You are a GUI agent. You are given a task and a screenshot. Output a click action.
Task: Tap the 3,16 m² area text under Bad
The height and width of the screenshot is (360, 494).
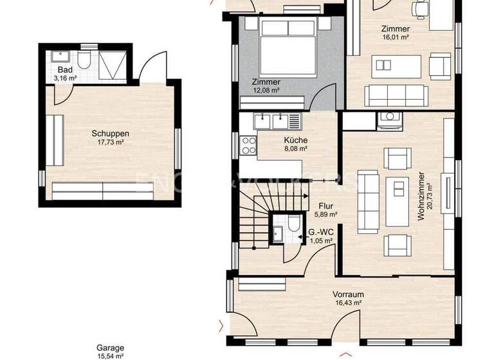click(x=65, y=78)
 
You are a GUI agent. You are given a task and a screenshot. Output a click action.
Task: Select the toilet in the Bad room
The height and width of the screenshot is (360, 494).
click(x=84, y=61)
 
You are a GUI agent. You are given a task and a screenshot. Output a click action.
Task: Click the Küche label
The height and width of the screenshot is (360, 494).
click(x=295, y=140)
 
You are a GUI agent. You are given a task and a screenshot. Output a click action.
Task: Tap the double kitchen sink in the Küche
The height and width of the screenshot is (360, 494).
click(x=277, y=120)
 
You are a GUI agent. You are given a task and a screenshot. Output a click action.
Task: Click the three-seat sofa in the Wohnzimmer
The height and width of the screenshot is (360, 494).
click(x=369, y=201)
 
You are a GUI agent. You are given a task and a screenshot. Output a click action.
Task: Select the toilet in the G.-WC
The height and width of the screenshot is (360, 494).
click(x=293, y=226)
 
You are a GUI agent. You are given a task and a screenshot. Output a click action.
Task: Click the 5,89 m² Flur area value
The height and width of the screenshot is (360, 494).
click(x=324, y=215)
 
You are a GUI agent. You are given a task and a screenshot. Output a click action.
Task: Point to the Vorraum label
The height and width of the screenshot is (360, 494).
click(x=347, y=294)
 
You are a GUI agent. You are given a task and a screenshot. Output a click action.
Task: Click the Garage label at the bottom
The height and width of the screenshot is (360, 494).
click(x=110, y=348)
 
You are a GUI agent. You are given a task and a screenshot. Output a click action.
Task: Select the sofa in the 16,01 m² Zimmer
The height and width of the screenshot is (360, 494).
click(x=394, y=96)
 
